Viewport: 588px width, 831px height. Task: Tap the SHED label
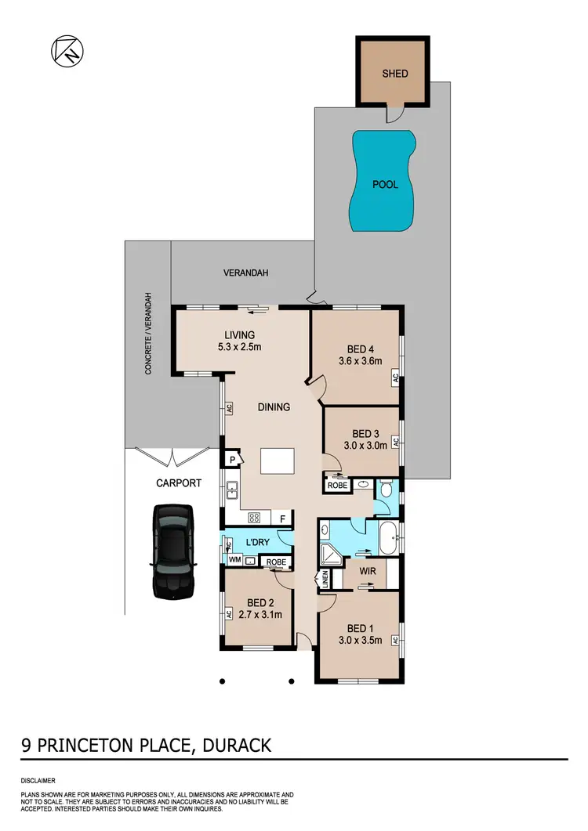coord(394,74)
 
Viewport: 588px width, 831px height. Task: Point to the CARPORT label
coord(179,483)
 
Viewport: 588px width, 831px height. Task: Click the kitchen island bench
coord(278,461)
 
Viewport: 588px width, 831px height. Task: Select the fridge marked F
coord(282,518)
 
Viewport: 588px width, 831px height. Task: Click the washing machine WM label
coord(234,560)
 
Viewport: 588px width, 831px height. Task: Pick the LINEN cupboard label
coord(324,581)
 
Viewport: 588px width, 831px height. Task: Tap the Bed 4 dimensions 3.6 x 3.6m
coord(359,362)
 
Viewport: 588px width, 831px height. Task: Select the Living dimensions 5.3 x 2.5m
coord(239,347)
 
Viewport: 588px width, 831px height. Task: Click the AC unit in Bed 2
coord(227,614)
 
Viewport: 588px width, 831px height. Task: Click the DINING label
coord(274,407)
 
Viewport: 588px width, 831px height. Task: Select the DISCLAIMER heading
coord(38,781)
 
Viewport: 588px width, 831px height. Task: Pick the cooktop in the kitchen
coord(254,518)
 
